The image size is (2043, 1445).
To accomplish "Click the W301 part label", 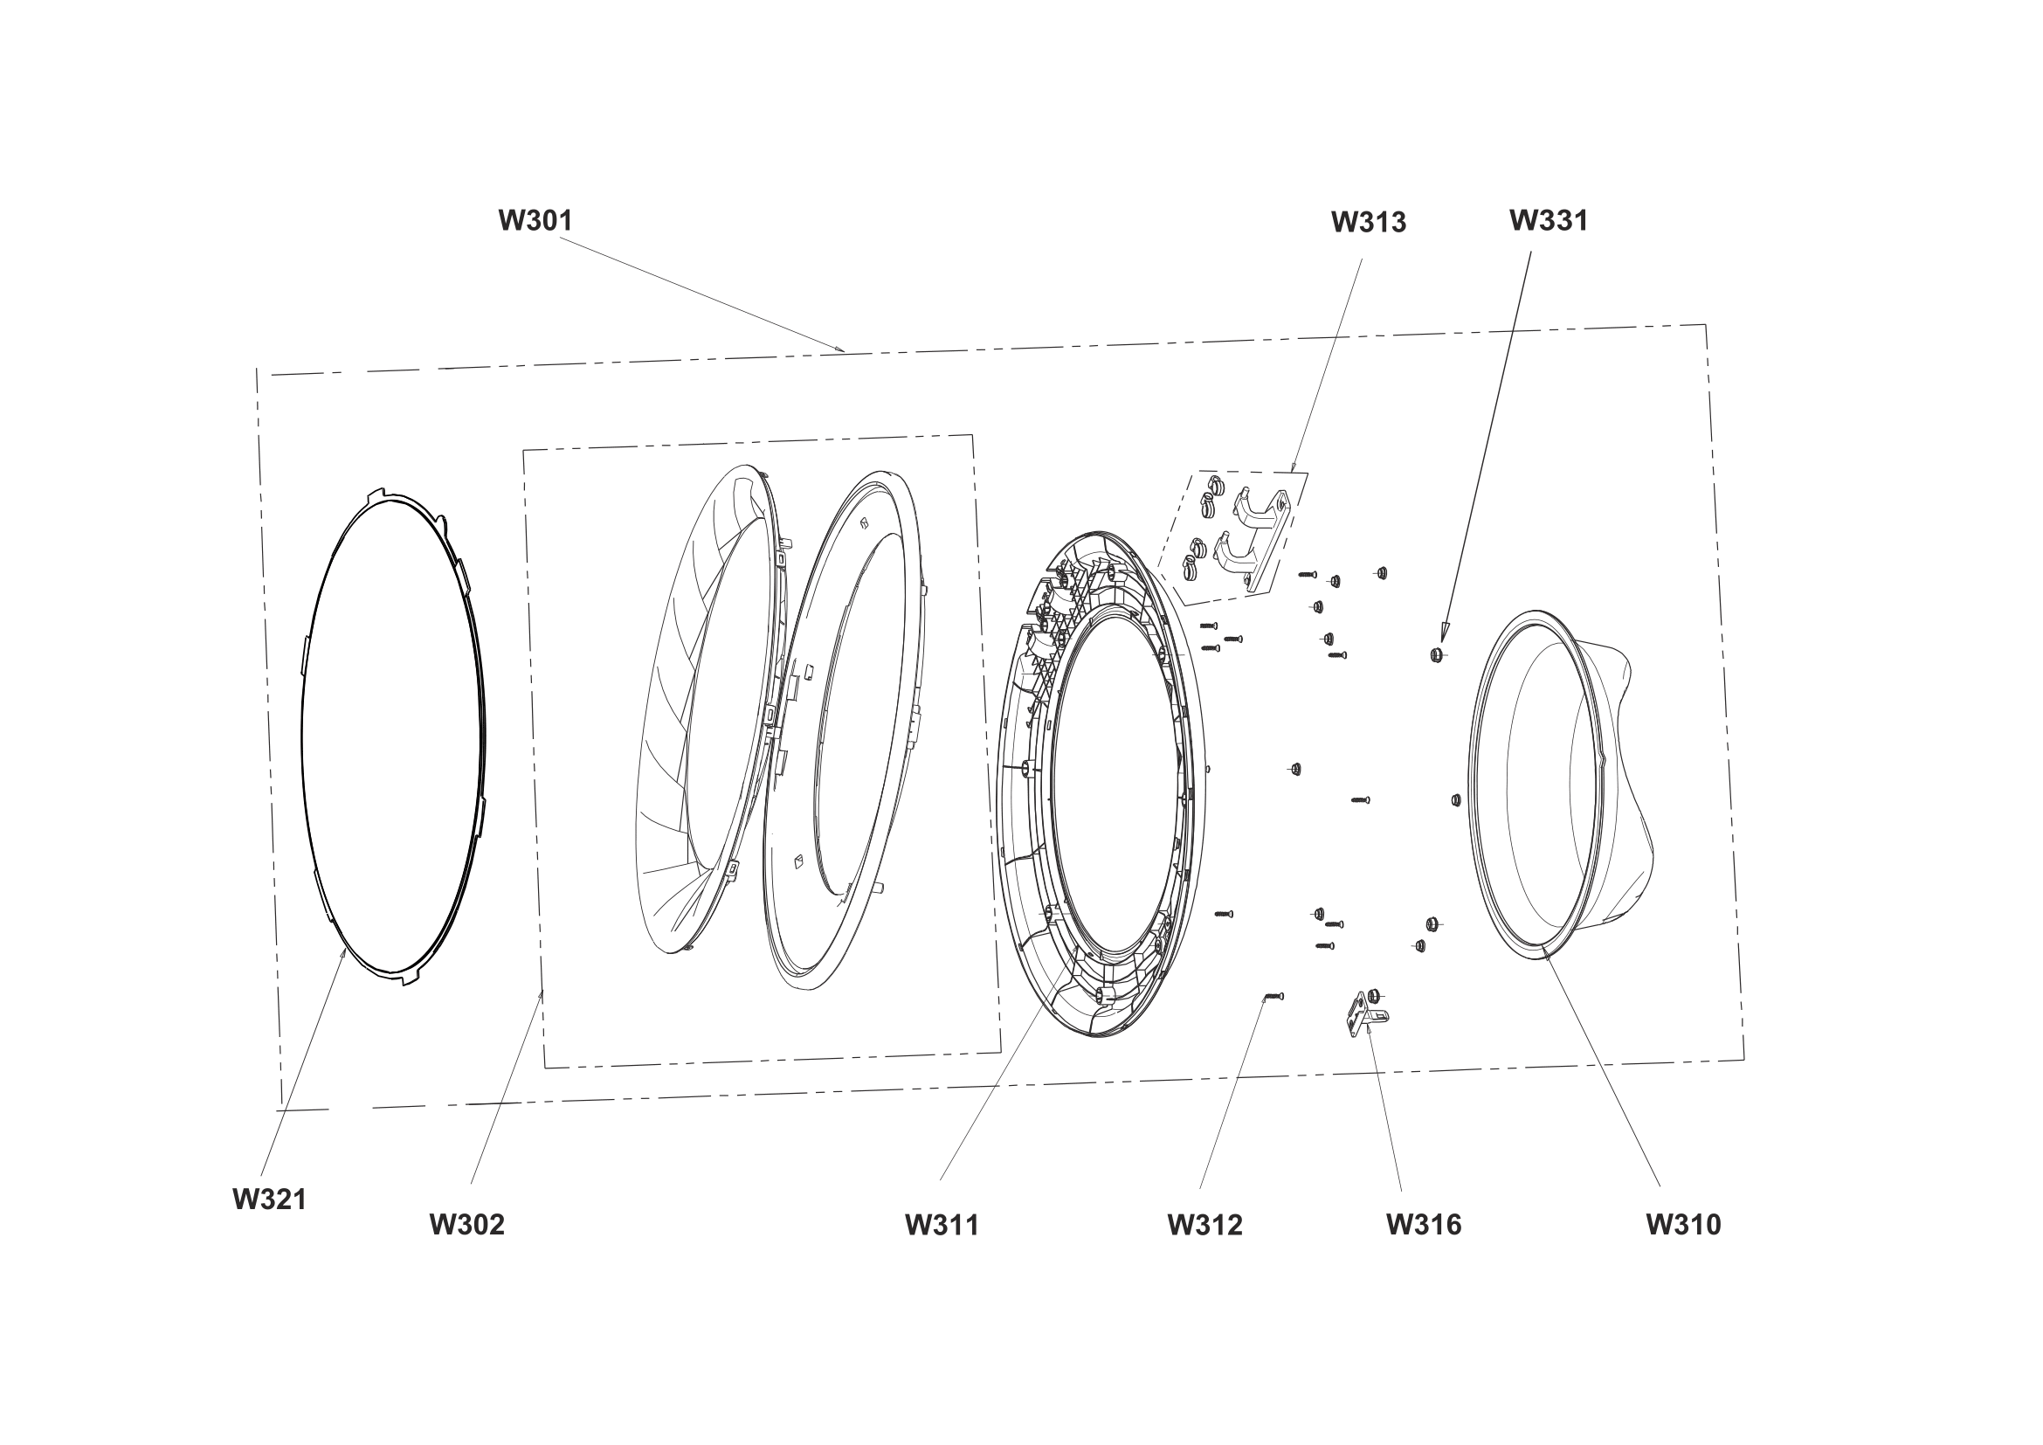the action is pyautogui.click(x=535, y=220).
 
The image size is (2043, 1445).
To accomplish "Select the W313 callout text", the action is pyautogui.click(x=1369, y=222).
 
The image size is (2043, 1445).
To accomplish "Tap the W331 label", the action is pyautogui.click(x=1549, y=220).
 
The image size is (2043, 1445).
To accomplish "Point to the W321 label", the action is pyautogui.click(x=270, y=1199).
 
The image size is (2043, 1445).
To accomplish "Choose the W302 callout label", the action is pyautogui.click(x=467, y=1224).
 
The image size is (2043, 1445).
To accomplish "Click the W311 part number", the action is pyautogui.click(x=942, y=1224).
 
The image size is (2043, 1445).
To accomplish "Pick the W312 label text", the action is pyautogui.click(x=1204, y=1224).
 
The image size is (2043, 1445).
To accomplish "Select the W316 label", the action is pyautogui.click(x=1424, y=1224).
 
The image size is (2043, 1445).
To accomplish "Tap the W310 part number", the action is pyautogui.click(x=1683, y=1224).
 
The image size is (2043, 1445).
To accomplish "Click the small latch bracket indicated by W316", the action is pyautogui.click(x=1365, y=1013).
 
